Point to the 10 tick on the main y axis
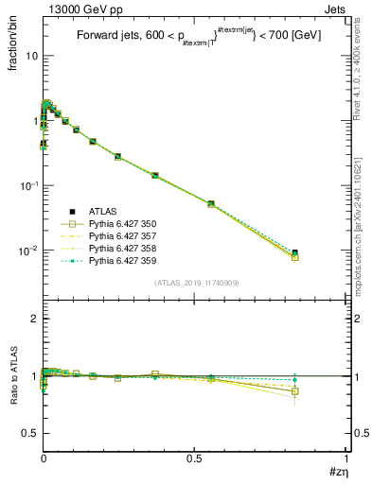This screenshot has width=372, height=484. pos(30,56)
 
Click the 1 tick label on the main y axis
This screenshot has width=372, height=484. pos(33,121)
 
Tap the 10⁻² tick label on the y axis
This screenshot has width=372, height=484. pos(27,251)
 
